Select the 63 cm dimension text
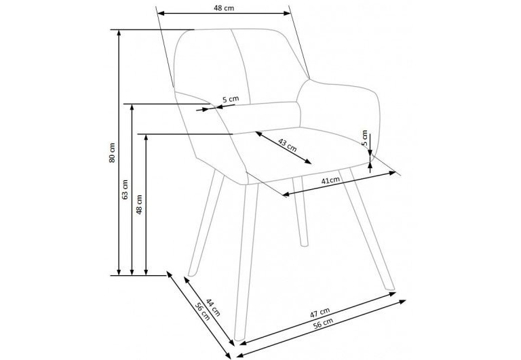124,189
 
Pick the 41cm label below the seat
330,181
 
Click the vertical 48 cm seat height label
139,204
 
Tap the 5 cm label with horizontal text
231,100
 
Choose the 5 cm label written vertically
365,138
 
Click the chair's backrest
237,64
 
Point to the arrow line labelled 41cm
339,184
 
